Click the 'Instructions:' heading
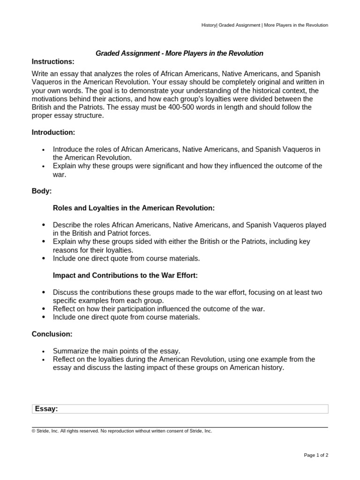53,62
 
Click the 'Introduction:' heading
53,133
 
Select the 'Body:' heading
42,191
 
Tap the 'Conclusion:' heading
52,334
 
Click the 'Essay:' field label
46,409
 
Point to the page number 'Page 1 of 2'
316,455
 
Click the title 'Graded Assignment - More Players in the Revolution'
180,53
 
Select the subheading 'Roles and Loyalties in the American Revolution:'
134,208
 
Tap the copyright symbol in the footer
33,431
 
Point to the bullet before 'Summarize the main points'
44,352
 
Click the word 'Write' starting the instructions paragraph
40,74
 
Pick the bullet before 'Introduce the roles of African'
44,150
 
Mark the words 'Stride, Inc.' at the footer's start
47,431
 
